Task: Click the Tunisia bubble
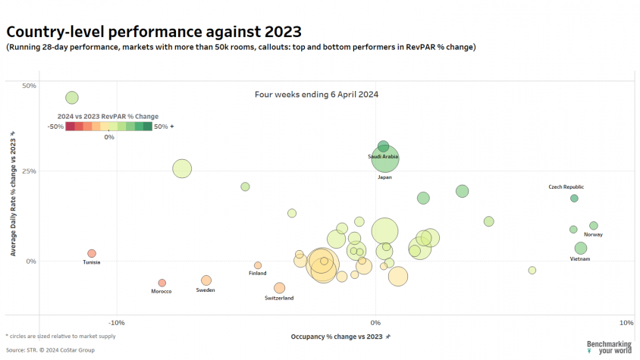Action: pos(92,253)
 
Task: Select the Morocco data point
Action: pos(162,283)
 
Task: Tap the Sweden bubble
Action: pos(206,280)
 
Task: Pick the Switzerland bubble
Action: pos(280,288)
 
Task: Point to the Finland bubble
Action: pos(258,265)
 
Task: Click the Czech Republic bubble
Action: pos(574,199)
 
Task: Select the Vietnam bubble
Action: pos(581,248)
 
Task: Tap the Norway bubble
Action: pos(594,226)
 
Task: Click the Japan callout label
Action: pos(385,177)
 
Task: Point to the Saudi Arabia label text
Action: pos(383,156)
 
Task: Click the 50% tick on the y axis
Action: pos(29,86)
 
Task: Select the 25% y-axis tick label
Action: pos(29,171)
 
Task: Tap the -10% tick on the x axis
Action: pos(117,323)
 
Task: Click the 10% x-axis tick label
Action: pos(626,323)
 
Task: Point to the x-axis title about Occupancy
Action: pos(337,337)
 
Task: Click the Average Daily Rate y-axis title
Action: pos(13,197)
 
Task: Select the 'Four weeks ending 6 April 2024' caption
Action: pos(317,95)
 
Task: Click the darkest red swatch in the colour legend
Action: pos(71,127)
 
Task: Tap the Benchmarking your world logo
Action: pos(610,347)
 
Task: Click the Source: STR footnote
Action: pos(50,350)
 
